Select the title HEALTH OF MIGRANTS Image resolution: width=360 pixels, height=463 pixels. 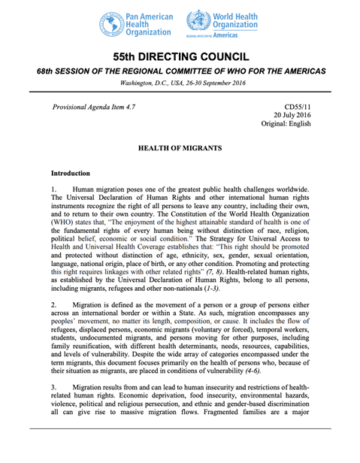point(180,151)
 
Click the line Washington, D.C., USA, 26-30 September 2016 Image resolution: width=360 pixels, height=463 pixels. point(180,83)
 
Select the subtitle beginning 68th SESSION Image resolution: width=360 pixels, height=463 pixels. point(180,71)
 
